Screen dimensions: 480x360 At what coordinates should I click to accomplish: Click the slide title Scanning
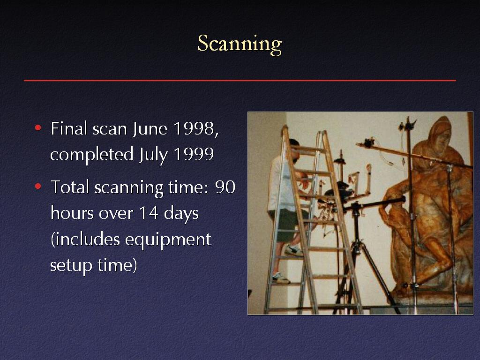240,44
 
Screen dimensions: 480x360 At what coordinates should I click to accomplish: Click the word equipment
168,240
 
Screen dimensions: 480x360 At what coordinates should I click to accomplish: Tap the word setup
71,265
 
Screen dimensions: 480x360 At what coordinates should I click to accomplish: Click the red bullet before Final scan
38,127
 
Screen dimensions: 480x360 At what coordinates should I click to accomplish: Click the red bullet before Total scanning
38,186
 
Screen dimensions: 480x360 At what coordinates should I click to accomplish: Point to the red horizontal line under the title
240,81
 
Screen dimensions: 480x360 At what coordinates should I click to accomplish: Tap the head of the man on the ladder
294,150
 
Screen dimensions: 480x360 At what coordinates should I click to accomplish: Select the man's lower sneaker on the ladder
280,278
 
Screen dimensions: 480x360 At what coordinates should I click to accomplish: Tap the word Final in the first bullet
69,128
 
